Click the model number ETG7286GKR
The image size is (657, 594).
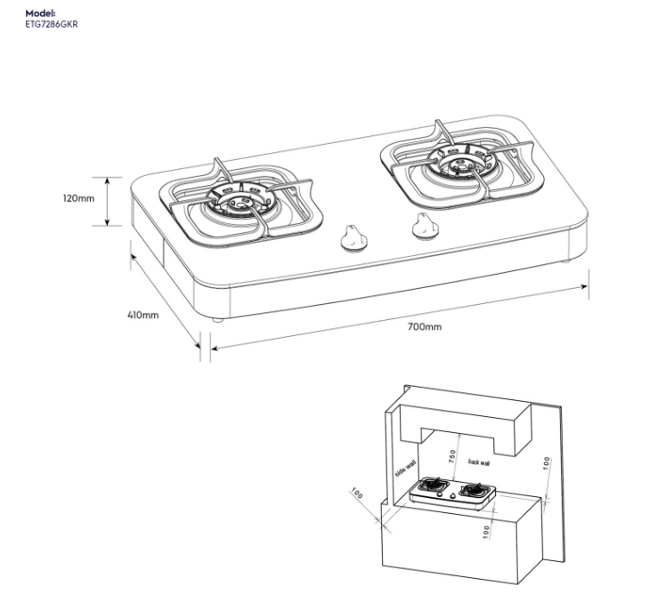(53, 25)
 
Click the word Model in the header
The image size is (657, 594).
(41, 14)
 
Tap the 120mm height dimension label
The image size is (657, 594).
(78, 198)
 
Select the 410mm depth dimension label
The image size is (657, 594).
(142, 315)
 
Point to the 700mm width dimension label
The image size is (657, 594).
(424, 326)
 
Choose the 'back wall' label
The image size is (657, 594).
(479, 462)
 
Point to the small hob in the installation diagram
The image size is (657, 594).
(451, 494)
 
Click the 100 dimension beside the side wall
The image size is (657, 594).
(357, 493)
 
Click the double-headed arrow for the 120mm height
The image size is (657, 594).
(109, 201)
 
